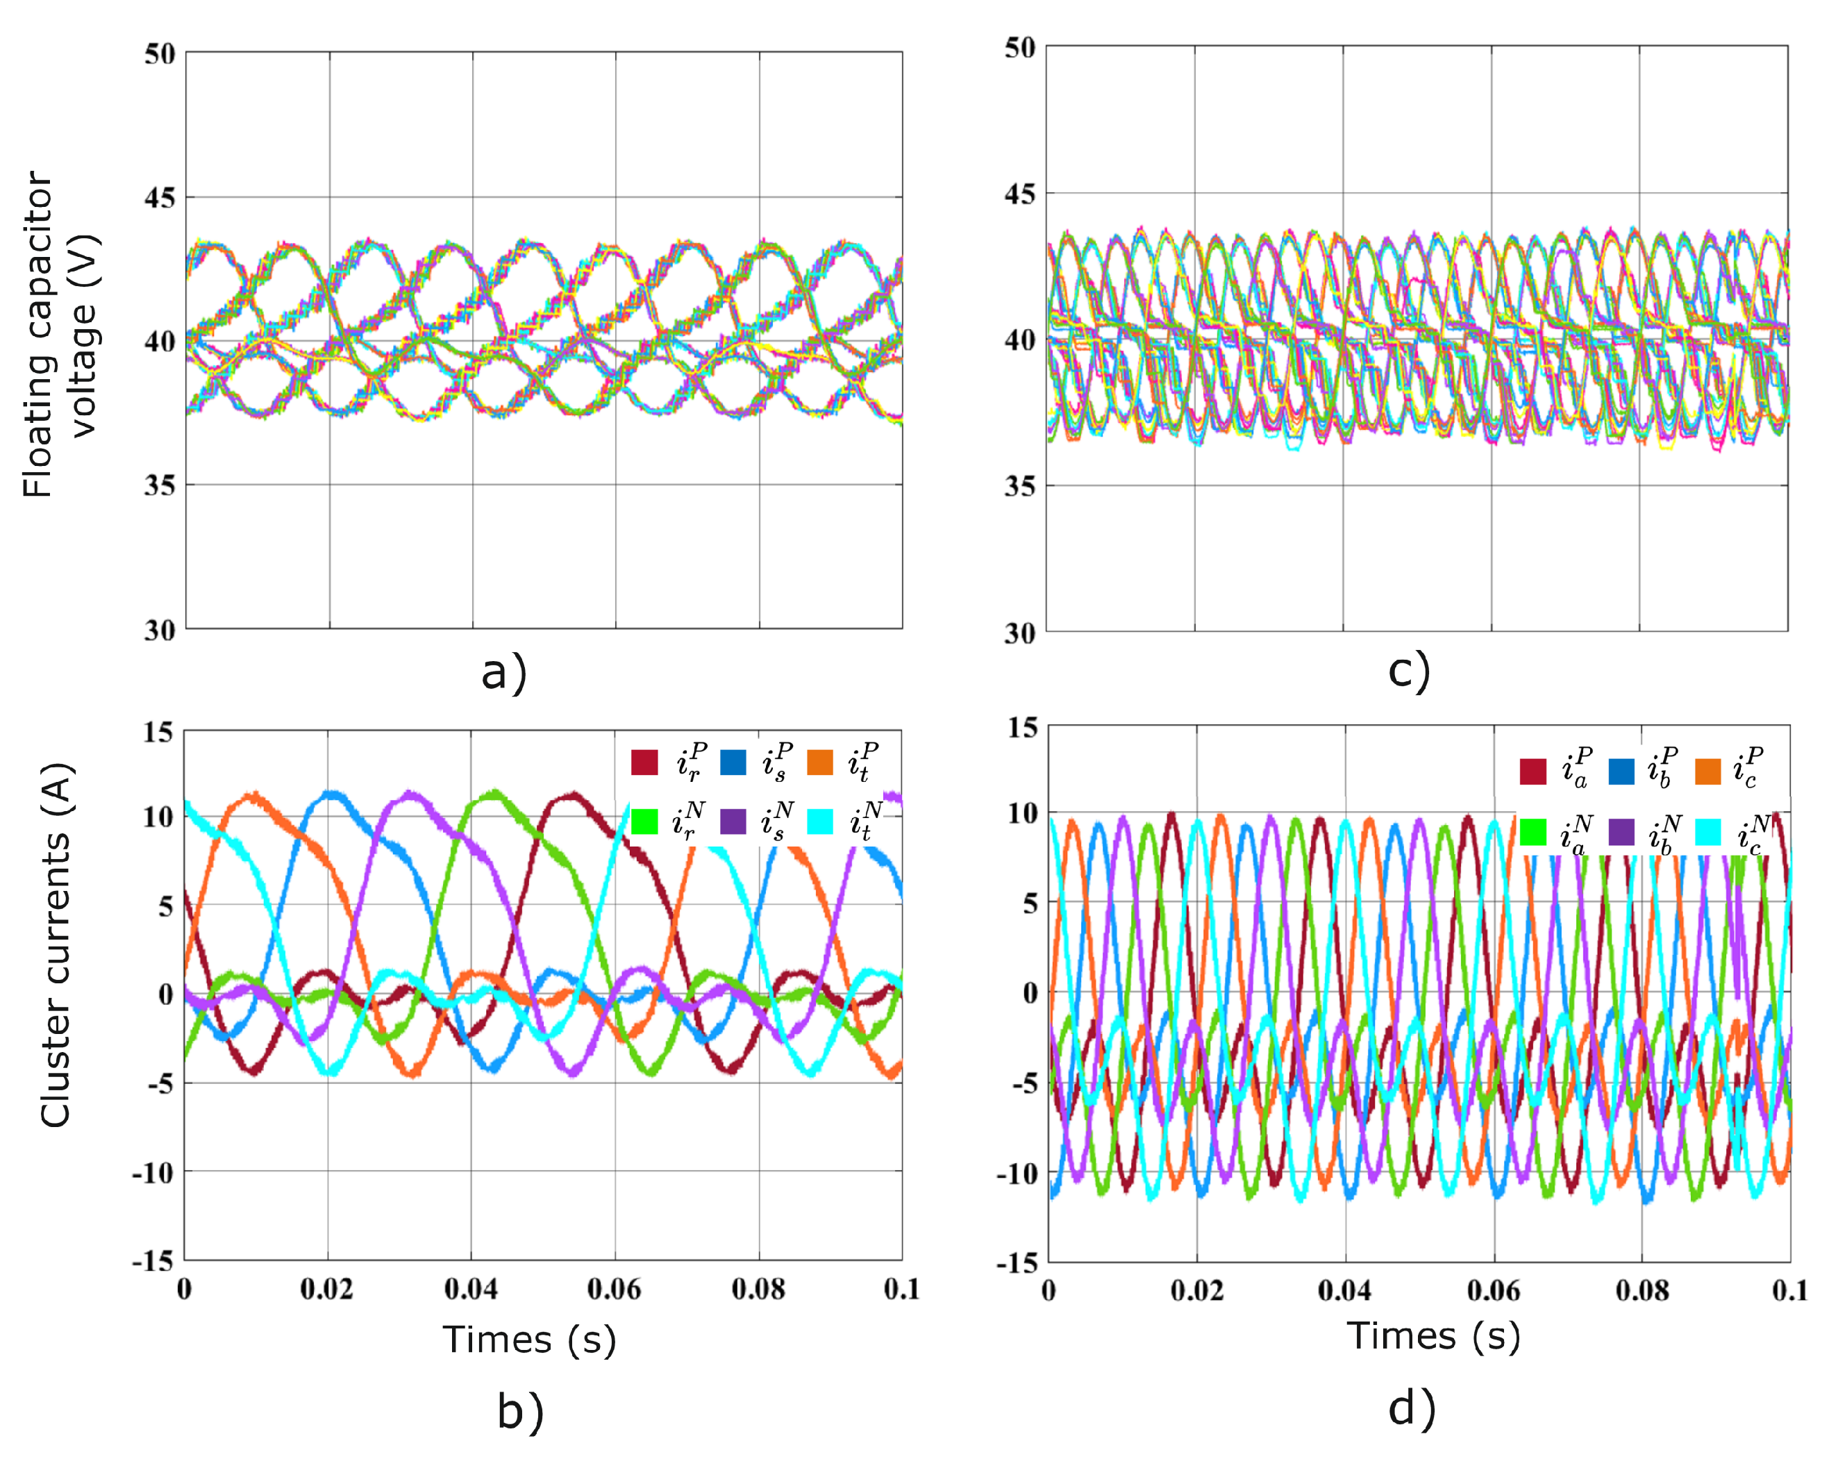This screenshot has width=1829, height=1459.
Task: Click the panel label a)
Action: (x=504, y=673)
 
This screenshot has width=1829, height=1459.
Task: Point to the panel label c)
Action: (x=1409, y=669)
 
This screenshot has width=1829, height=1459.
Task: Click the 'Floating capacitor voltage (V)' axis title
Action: (x=61, y=334)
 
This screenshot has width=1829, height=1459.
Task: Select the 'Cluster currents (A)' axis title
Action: (x=56, y=945)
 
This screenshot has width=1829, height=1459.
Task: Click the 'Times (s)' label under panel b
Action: (x=529, y=1340)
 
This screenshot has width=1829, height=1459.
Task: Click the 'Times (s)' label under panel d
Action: (x=1434, y=1336)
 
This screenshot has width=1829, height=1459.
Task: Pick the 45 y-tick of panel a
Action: (x=160, y=198)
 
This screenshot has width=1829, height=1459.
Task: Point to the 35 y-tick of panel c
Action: (x=1021, y=486)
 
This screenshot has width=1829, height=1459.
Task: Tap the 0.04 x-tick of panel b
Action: (x=471, y=1290)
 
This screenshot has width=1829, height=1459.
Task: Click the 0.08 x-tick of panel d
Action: (x=1642, y=1291)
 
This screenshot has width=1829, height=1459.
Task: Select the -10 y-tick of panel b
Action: (x=153, y=1173)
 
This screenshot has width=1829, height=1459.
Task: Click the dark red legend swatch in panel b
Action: (x=644, y=762)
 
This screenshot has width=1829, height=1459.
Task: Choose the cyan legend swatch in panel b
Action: (x=820, y=821)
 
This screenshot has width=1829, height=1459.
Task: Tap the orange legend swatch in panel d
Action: (x=1707, y=771)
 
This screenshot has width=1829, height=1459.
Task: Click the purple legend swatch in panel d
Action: (x=1621, y=832)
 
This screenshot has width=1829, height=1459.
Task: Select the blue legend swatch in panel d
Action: (x=1621, y=771)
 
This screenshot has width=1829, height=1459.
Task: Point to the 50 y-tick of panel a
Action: (x=160, y=54)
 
